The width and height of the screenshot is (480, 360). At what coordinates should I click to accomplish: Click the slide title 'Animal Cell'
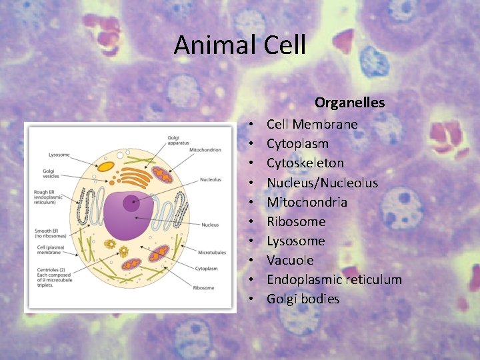(x=239, y=45)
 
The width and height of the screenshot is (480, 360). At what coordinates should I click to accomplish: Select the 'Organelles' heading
(x=349, y=103)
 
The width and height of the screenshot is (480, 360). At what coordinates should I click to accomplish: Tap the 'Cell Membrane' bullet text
(x=312, y=124)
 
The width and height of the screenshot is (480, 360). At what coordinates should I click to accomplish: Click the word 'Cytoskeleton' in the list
(x=305, y=163)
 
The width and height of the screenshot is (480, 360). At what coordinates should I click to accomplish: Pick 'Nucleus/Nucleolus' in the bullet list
(x=322, y=183)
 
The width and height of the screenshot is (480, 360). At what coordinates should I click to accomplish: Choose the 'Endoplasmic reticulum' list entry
(x=334, y=279)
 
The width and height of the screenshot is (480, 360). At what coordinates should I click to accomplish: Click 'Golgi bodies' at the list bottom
(x=303, y=299)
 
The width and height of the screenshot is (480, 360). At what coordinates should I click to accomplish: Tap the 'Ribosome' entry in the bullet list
(x=296, y=221)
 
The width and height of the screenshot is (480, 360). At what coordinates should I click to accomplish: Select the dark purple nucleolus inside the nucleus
(x=132, y=203)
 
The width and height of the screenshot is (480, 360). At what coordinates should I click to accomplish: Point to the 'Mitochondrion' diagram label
(x=205, y=150)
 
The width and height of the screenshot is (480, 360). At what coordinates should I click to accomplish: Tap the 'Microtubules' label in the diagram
(x=213, y=253)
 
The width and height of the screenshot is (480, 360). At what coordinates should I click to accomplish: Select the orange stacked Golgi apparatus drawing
(x=136, y=177)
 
